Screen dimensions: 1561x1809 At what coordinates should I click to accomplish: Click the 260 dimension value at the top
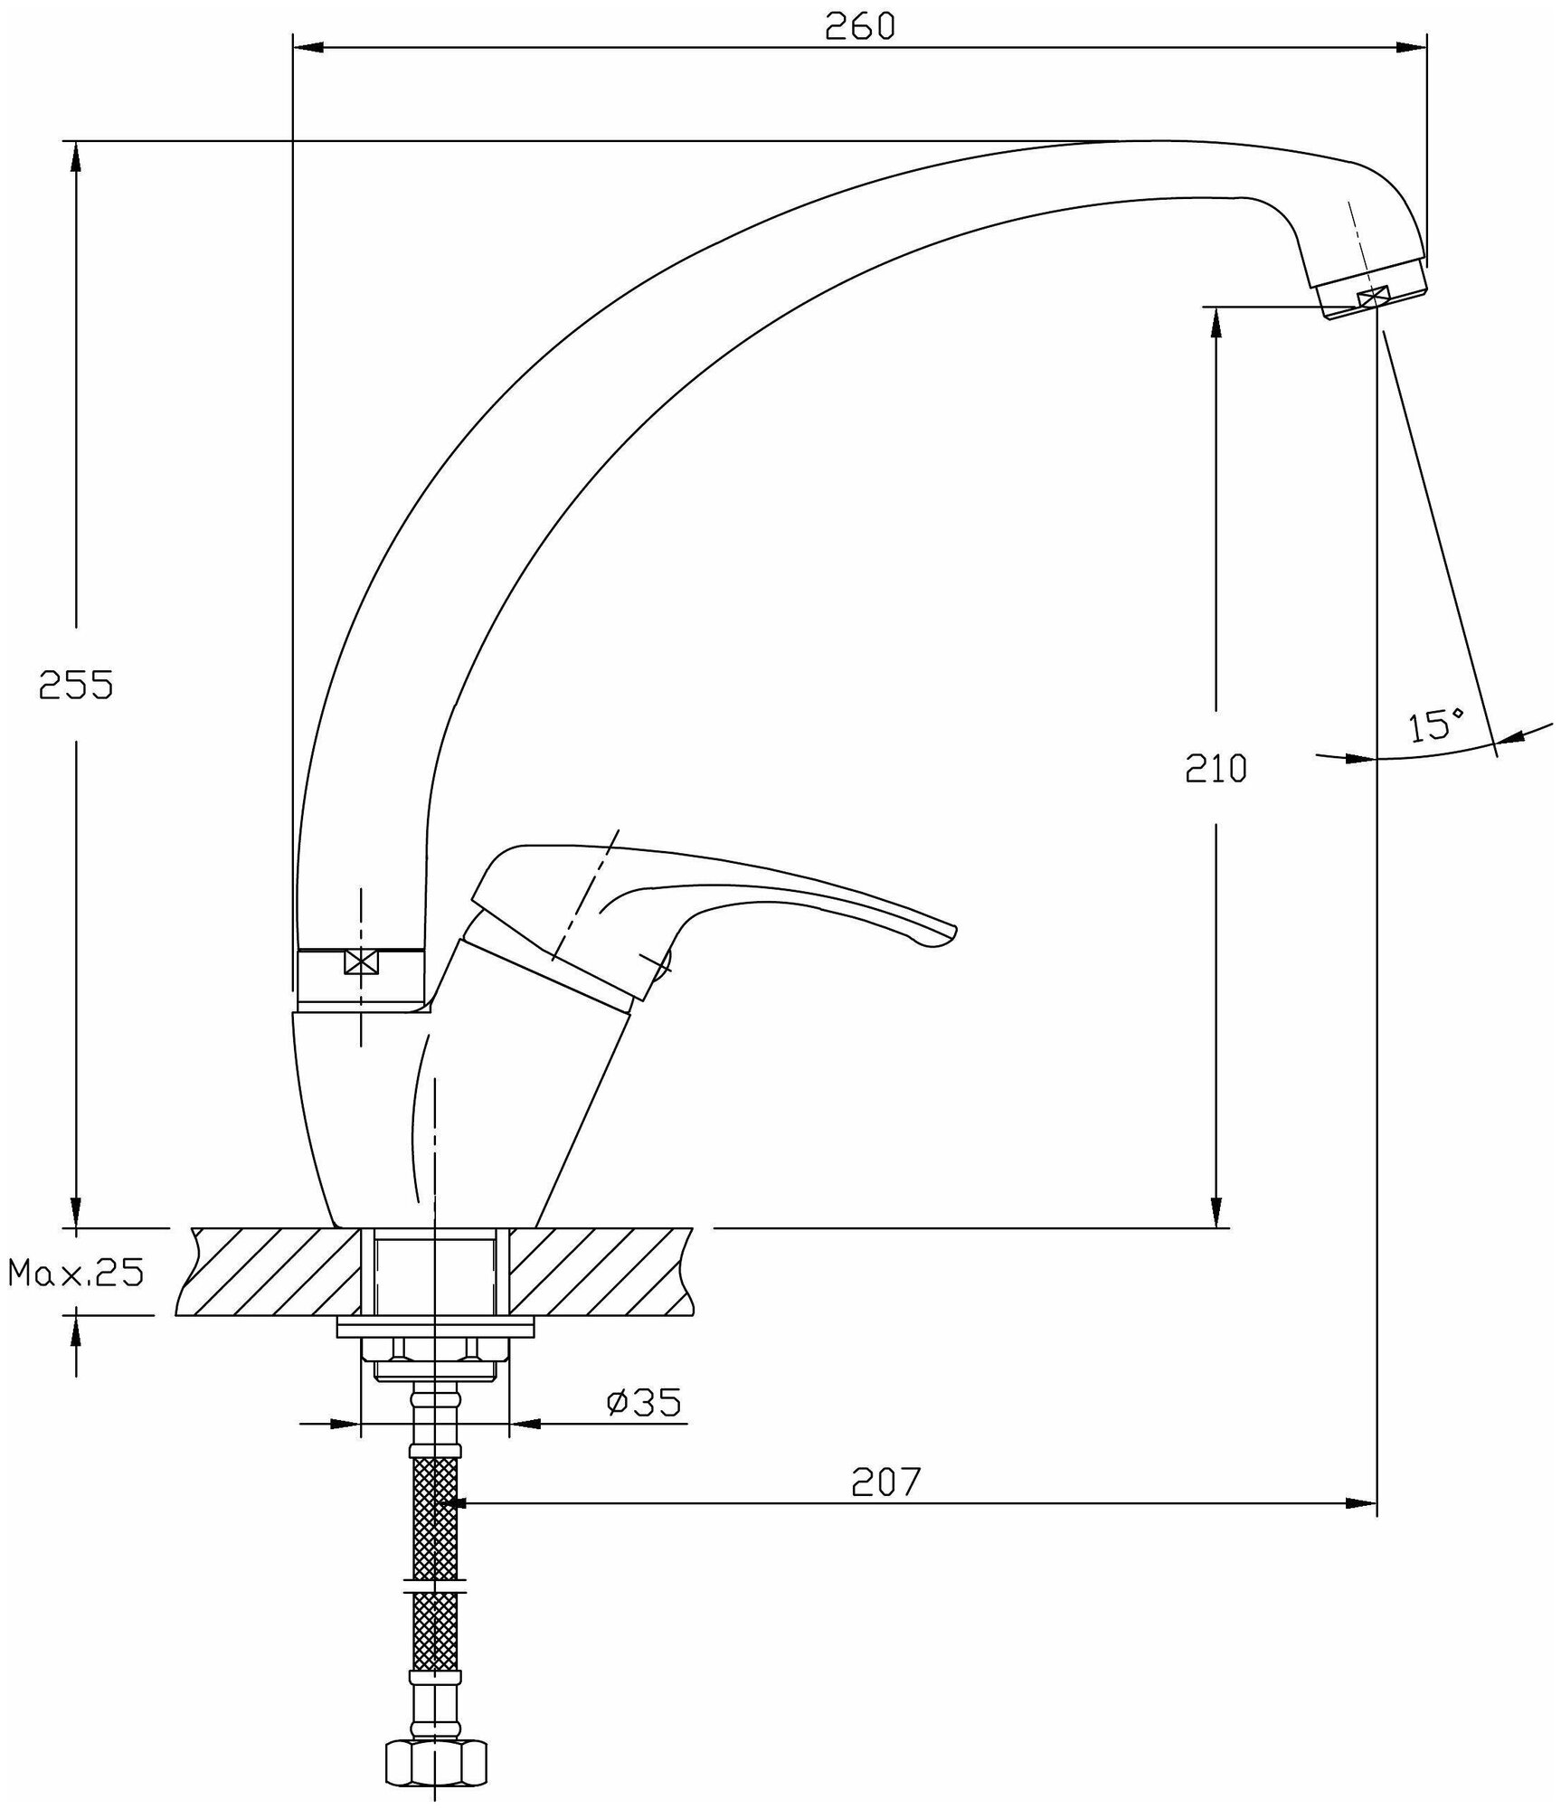pyautogui.click(x=859, y=26)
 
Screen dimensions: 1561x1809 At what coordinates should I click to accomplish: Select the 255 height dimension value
pyautogui.click(x=76, y=685)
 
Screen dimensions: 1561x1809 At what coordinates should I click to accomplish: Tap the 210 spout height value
pyautogui.click(x=1216, y=768)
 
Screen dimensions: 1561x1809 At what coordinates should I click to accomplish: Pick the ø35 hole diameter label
pyautogui.click(x=644, y=1427)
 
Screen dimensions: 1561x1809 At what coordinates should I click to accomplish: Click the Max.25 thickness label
pyautogui.click(x=76, y=1274)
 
